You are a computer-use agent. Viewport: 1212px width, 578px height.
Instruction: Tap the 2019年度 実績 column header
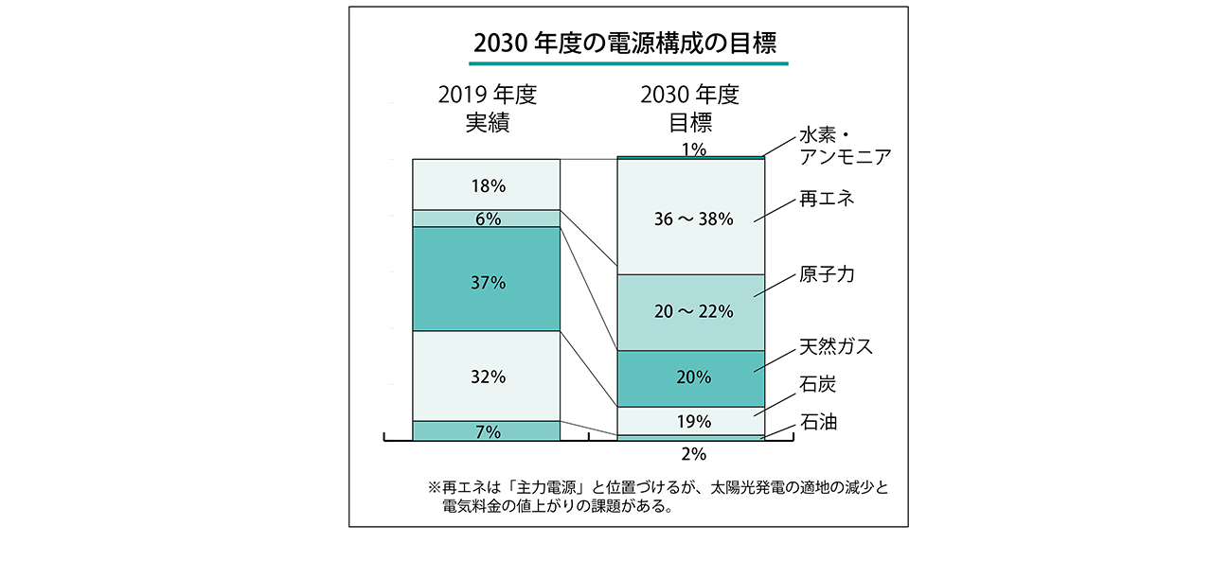point(487,109)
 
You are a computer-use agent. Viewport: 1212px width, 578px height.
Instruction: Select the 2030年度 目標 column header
point(689,109)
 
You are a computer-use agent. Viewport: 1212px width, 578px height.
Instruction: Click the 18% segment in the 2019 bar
point(487,184)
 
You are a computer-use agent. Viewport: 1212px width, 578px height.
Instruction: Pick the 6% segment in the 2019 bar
point(487,219)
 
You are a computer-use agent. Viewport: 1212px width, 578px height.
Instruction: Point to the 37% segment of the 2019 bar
point(487,281)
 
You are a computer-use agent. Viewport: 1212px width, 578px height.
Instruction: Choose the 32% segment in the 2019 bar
point(487,376)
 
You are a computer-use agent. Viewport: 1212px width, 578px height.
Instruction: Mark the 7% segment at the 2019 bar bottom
point(487,431)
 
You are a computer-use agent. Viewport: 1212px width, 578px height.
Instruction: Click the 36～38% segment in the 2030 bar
point(689,219)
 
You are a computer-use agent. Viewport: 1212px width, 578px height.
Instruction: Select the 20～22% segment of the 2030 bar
point(689,311)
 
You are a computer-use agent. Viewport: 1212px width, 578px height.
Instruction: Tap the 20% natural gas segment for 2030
point(689,377)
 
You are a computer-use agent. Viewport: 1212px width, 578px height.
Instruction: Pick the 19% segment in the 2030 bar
point(689,421)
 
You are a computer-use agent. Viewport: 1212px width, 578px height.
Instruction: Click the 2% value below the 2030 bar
point(694,454)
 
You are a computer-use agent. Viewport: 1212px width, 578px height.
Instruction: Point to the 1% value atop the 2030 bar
point(694,149)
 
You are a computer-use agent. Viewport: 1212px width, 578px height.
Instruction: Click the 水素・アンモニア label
point(845,146)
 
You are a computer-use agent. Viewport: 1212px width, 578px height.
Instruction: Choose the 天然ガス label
point(836,347)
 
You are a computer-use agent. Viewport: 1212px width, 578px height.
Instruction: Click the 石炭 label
point(818,385)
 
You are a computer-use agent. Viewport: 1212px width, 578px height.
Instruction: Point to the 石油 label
point(818,421)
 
